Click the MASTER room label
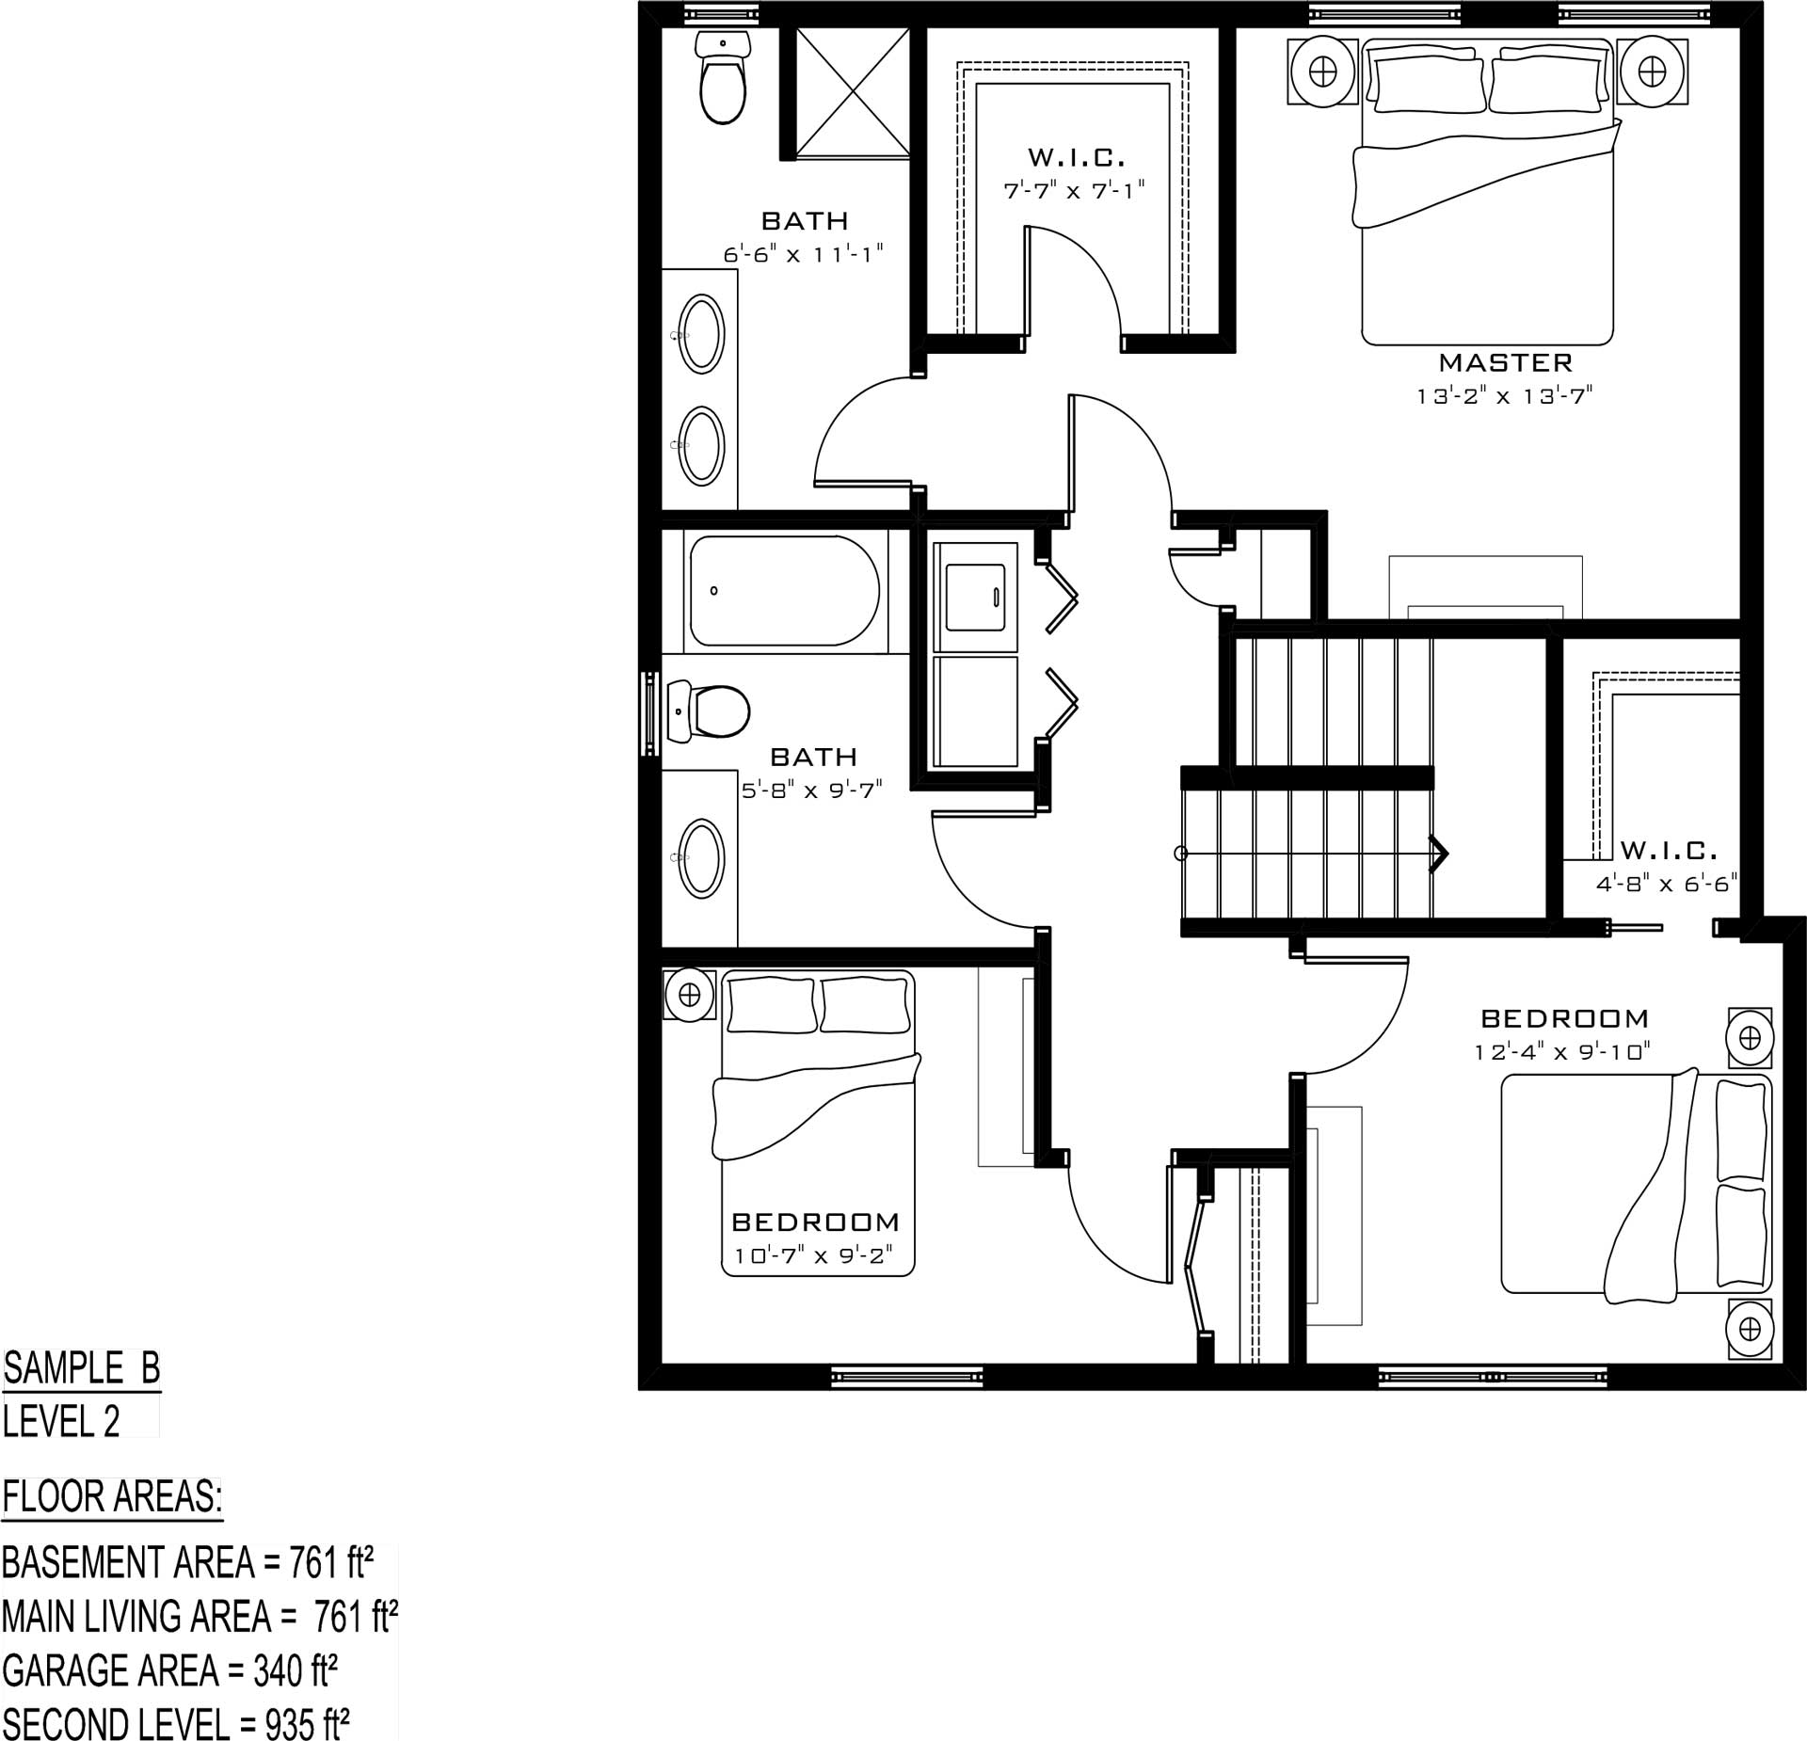[1506, 362]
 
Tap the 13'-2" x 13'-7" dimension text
[1504, 396]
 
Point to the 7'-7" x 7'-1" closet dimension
[1075, 190]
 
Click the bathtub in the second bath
[785, 591]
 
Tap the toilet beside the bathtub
[708, 711]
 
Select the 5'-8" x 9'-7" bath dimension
[813, 791]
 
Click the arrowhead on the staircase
[1439, 854]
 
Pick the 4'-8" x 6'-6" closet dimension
[1666, 885]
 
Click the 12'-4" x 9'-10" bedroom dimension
[1563, 1051]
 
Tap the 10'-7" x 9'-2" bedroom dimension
[813, 1255]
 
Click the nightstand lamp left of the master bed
[1323, 71]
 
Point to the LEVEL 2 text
[62, 1421]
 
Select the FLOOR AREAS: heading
[113, 1497]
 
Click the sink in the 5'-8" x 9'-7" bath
[702, 856]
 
